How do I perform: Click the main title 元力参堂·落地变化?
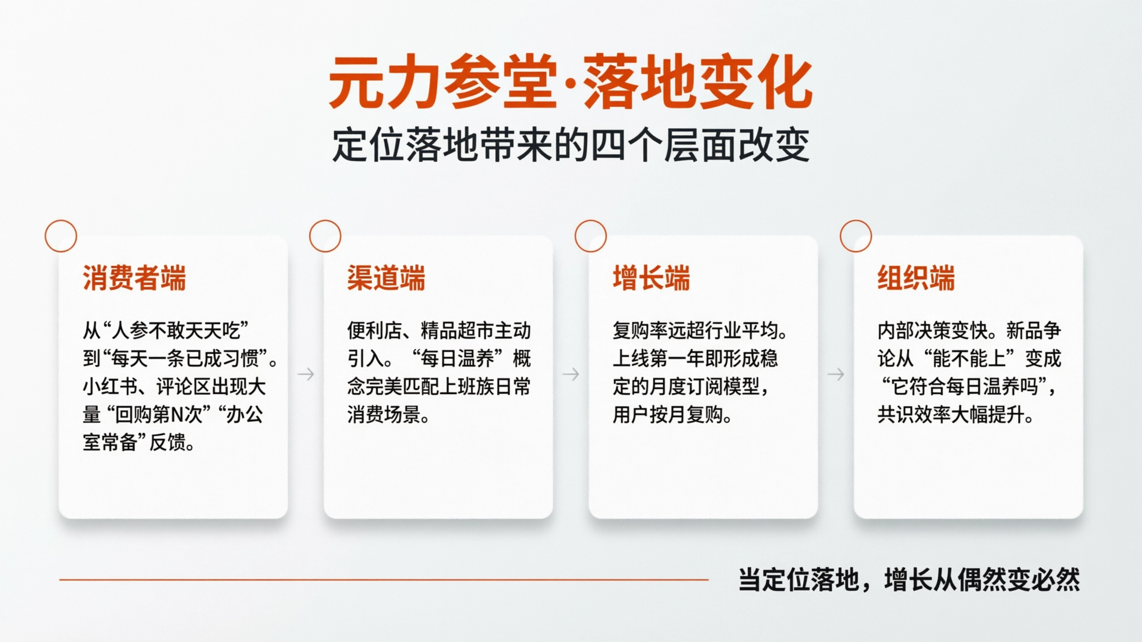click(571, 82)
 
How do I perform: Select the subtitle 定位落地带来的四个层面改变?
click(571, 145)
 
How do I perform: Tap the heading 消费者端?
click(134, 278)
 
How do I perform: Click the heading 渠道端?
click(386, 278)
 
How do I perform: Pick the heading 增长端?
click(651, 278)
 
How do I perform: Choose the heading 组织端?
click(916, 278)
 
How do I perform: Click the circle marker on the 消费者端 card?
click(61, 236)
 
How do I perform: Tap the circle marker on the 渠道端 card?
click(325, 236)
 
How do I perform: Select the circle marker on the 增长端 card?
click(591, 236)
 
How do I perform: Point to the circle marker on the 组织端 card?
click(856, 236)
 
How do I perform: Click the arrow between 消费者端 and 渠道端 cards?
click(306, 374)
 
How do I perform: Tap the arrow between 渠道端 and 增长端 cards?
click(571, 374)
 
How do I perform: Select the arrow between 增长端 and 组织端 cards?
click(836, 374)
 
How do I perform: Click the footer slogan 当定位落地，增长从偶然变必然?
click(909, 580)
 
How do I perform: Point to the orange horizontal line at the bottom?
click(384, 579)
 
